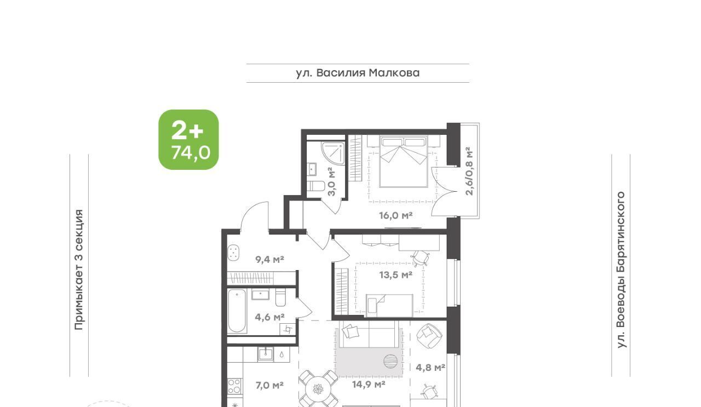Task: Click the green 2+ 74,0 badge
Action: tap(188, 140)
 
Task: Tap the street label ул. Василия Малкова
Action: tap(358, 73)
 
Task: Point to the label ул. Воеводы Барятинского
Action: tap(621, 270)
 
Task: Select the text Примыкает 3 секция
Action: tap(79, 270)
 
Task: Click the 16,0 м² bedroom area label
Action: tap(395, 215)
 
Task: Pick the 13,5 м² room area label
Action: tap(395, 275)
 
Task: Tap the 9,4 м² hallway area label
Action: tap(269, 259)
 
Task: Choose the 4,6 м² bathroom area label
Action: tap(269, 317)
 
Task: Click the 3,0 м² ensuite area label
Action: tap(331, 181)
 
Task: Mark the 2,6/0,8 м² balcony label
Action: tap(469, 171)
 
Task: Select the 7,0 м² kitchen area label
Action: tap(269, 385)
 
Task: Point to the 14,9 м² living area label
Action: tap(369, 384)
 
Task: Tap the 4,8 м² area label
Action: tap(430, 367)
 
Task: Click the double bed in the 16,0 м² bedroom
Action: tap(404, 162)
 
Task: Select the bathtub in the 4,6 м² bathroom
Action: tap(237, 311)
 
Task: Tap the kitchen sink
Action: tap(266, 354)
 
